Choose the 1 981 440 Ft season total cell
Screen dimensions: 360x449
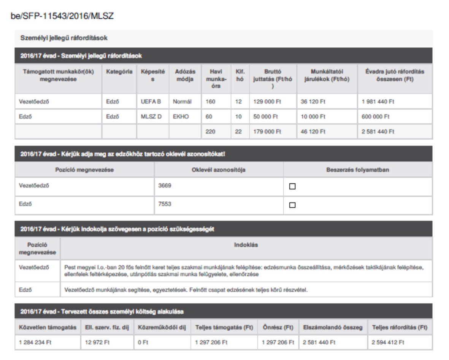378,102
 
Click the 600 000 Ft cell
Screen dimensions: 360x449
373,117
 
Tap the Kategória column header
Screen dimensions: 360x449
119,72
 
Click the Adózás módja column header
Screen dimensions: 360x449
184,75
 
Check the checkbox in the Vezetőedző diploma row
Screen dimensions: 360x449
292,186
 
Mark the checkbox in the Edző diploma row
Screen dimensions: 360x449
292,205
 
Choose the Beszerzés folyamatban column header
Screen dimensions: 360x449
357,169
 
